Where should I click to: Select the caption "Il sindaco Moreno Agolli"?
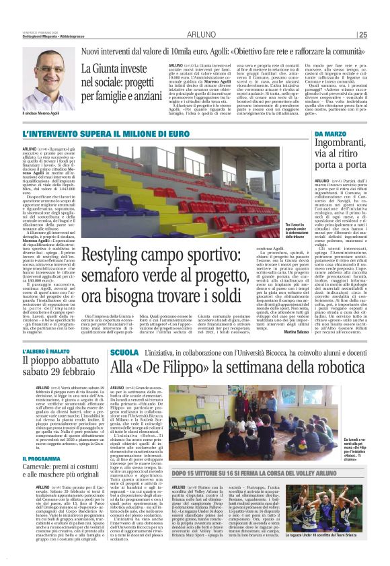[x=46, y=120]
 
